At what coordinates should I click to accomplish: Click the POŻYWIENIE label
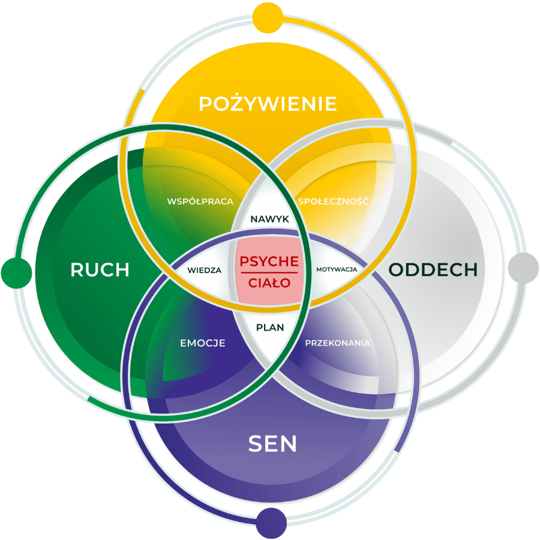tap(268, 103)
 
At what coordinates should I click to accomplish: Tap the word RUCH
tap(100, 269)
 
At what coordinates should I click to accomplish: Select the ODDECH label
tap(433, 269)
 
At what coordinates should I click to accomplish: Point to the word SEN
tap(273, 444)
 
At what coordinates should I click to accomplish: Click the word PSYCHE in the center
tap(269, 262)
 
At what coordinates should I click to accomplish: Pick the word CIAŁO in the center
tap(269, 283)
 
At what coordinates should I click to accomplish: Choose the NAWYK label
tap(269, 220)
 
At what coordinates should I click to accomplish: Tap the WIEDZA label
tap(204, 270)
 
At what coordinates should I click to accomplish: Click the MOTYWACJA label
tap(337, 269)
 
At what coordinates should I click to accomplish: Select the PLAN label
tap(270, 328)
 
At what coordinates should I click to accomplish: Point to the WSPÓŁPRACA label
tap(200, 201)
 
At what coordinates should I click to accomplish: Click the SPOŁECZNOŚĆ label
tap(333, 201)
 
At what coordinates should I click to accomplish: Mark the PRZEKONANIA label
tap(337, 343)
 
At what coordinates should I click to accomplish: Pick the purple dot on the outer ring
tap(271, 523)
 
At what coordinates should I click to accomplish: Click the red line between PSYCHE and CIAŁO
tap(269, 272)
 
